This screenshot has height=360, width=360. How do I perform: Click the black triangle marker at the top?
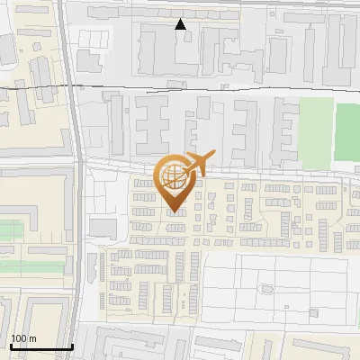tap(181, 24)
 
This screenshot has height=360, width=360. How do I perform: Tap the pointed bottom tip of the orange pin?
tap(175, 212)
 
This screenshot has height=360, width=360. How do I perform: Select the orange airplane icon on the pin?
tap(197, 164)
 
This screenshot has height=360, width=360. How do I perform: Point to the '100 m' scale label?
tap(22, 338)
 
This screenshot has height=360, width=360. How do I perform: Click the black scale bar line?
tap(41, 346)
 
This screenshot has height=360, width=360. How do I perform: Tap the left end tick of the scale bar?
tap(10, 345)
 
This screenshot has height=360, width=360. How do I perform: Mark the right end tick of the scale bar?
tap(73, 345)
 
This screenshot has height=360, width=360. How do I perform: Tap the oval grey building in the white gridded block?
tap(266, 288)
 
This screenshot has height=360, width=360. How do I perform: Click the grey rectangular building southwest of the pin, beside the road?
tap(103, 227)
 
